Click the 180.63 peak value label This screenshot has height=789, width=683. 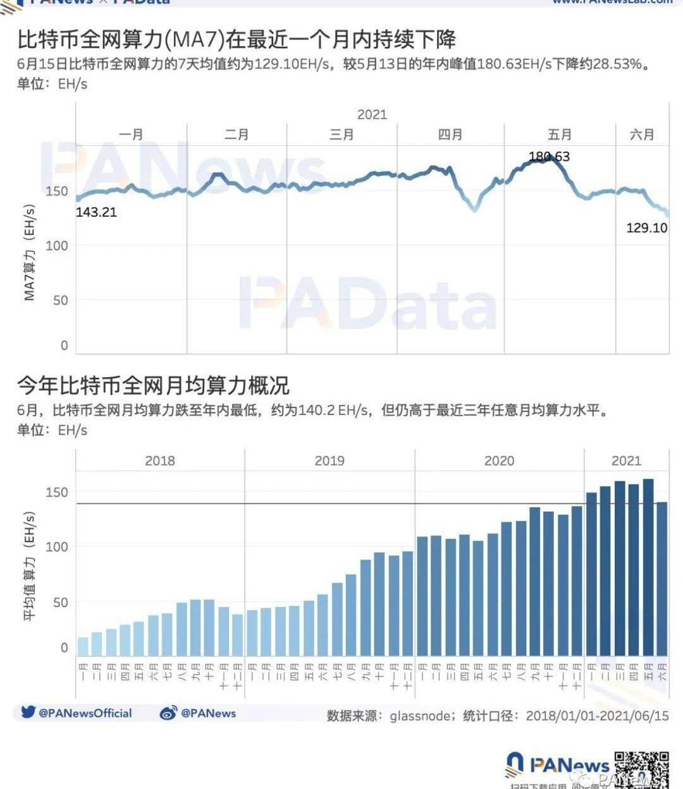pyautogui.click(x=549, y=157)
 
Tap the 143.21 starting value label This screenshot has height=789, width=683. pyautogui.click(x=96, y=212)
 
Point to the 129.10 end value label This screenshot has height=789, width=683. pyautogui.click(x=646, y=228)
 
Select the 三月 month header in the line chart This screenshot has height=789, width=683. pyautogui.click(x=341, y=135)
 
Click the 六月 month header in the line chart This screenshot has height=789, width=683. pyautogui.click(x=642, y=135)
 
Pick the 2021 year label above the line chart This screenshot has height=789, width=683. pyautogui.click(x=372, y=114)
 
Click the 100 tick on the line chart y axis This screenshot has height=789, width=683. pyautogui.click(x=56, y=246)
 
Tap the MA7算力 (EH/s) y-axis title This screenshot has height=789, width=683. pyautogui.click(x=29, y=253)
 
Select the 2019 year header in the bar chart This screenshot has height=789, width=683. pyautogui.click(x=329, y=461)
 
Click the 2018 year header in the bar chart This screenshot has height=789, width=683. pyautogui.click(x=160, y=461)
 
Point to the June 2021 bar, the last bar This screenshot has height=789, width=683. pyautogui.click(x=661, y=578)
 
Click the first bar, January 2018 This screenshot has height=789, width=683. pyautogui.click(x=83, y=646)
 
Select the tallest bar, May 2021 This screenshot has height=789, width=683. pyautogui.click(x=648, y=567)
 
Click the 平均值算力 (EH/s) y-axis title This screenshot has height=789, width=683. pyautogui.click(x=29, y=565)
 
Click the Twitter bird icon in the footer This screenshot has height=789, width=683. pyautogui.click(x=28, y=712)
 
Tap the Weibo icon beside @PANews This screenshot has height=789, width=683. pyautogui.click(x=168, y=713)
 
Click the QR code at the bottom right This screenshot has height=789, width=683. pyautogui.click(x=641, y=769)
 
